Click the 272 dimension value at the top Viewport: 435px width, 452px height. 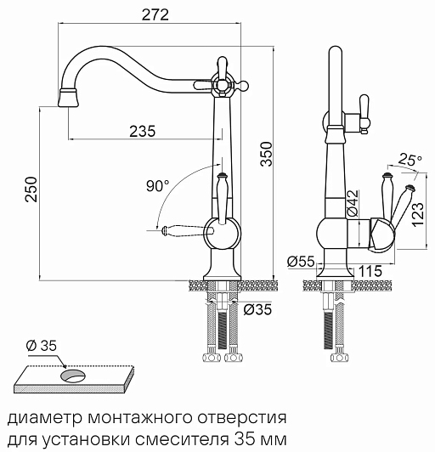155,14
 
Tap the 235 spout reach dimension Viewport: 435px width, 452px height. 143,131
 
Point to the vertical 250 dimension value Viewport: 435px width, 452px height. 31,189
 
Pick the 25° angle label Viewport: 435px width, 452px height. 410,161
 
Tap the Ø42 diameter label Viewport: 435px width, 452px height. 353,203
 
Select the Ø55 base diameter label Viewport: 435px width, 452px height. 301,262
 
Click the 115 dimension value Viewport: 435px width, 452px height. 370,271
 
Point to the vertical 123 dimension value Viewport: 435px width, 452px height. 418,214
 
